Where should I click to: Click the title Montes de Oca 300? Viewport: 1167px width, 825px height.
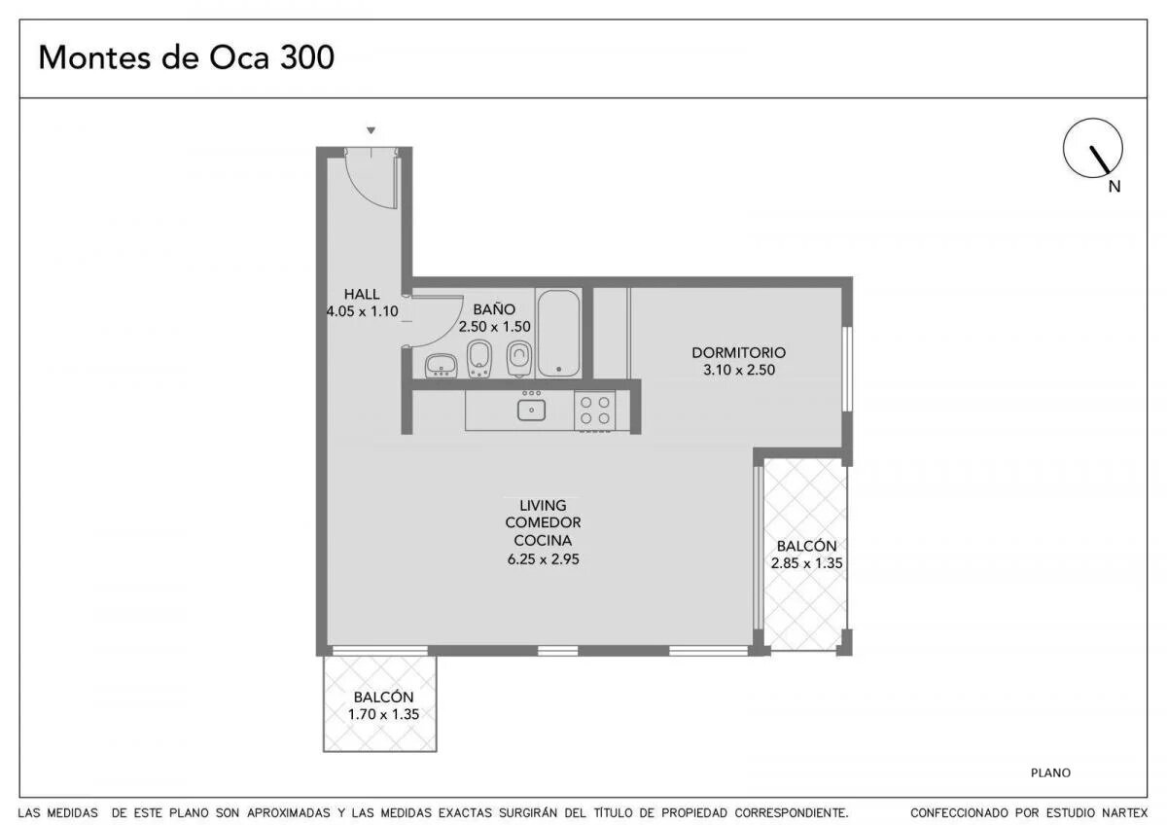(186, 57)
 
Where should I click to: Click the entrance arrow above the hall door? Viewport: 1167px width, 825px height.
(371, 130)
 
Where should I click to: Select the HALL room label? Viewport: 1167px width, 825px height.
(362, 294)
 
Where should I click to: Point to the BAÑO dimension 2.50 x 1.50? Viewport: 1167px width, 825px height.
(494, 327)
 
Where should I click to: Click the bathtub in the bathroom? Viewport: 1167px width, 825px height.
(558, 333)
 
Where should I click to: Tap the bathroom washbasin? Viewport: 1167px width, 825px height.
(442, 366)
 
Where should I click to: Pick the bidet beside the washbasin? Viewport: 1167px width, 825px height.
(479, 358)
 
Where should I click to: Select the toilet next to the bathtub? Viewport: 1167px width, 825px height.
(519, 357)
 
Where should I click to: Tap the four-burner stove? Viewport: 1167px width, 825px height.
(594, 411)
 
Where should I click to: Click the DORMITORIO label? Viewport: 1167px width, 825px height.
(739, 353)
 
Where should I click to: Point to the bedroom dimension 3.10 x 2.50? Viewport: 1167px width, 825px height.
(739, 370)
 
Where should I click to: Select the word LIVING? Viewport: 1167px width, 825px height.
(543, 505)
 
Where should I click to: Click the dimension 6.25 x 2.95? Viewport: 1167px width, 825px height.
(543, 559)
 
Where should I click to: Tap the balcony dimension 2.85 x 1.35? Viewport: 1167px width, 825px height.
(806, 563)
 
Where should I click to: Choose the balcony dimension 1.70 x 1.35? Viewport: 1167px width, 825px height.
(383, 714)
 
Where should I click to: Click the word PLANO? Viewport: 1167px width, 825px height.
(1050, 772)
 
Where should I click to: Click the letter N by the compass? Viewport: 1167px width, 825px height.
(1114, 187)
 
